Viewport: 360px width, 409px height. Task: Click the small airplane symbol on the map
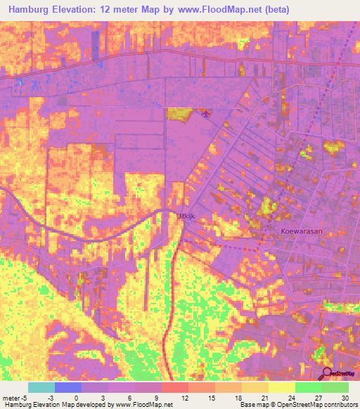point(205,114)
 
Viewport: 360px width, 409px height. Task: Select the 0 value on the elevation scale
point(77,397)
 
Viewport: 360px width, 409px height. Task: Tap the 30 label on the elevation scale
point(345,397)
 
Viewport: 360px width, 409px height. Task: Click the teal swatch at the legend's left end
point(41,387)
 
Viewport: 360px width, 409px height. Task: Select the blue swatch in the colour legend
point(68,387)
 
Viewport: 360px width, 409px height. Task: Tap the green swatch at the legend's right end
point(335,387)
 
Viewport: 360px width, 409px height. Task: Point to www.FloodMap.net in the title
point(218,9)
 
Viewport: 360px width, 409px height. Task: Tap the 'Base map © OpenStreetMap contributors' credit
point(298,405)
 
